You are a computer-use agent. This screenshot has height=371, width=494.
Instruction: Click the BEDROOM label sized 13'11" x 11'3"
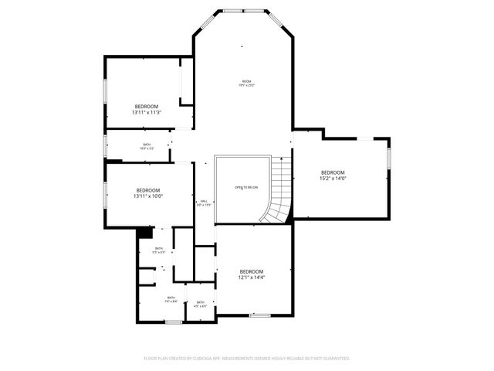[x=147, y=106]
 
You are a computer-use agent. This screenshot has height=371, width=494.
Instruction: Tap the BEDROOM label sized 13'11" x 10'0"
[x=148, y=190]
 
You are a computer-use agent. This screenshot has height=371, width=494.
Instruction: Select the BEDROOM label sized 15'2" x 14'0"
[x=333, y=172]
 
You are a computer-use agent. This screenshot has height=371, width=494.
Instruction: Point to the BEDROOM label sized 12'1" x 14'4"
[x=252, y=271]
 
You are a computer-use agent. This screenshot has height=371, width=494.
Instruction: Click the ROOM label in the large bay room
[x=246, y=81]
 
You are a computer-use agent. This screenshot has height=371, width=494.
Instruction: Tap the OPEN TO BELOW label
[x=245, y=188]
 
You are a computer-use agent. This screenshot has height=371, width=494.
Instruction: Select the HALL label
[x=204, y=203]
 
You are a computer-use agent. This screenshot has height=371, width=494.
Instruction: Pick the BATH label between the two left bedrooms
[x=147, y=145]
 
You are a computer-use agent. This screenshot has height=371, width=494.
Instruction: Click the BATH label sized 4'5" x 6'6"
[x=200, y=302]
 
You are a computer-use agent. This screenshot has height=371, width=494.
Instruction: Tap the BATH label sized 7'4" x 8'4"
[x=171, y=298]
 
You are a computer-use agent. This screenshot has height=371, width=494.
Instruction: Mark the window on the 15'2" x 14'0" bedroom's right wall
[x=389, y=157]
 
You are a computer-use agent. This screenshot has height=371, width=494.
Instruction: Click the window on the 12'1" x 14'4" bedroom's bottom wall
[x=259, y=315]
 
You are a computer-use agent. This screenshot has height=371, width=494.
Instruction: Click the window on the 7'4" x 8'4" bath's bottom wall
[x=174, y=321]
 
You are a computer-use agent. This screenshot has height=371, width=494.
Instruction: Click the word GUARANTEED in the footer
[x=333, y=359]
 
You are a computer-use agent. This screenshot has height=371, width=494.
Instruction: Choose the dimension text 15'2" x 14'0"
[x=333, y=179]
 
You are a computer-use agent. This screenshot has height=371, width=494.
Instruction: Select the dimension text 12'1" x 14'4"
[x=252, y=277]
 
